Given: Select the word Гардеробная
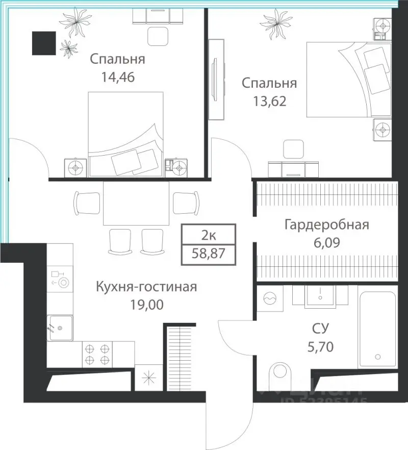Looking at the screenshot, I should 326,225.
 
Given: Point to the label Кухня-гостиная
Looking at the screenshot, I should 146,287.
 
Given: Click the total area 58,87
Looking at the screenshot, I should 209,253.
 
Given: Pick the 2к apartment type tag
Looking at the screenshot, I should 209,235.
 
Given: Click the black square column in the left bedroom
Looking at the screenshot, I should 44,42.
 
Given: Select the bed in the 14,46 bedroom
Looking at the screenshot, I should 126,134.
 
